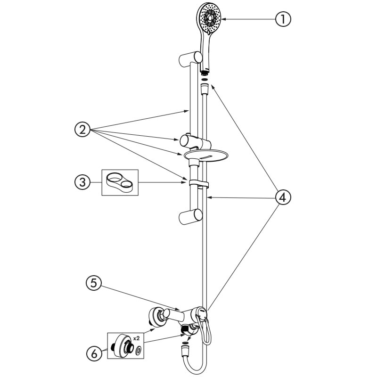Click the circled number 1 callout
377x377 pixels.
coord(283,19)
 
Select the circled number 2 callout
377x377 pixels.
coord(82,130)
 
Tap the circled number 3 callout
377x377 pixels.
coord(82,182)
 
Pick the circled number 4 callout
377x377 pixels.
coord(283,197)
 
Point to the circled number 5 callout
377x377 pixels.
coord(94,283)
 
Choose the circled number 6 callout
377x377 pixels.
coord(94,353)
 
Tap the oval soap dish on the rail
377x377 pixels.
coord(206,155)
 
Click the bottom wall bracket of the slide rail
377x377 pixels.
coord(190,217)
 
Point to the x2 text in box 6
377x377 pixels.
coord(136,338)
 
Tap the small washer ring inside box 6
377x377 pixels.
coord(139,350)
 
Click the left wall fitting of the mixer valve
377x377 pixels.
coord(157,317)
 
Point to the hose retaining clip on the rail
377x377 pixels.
coord(198,183)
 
